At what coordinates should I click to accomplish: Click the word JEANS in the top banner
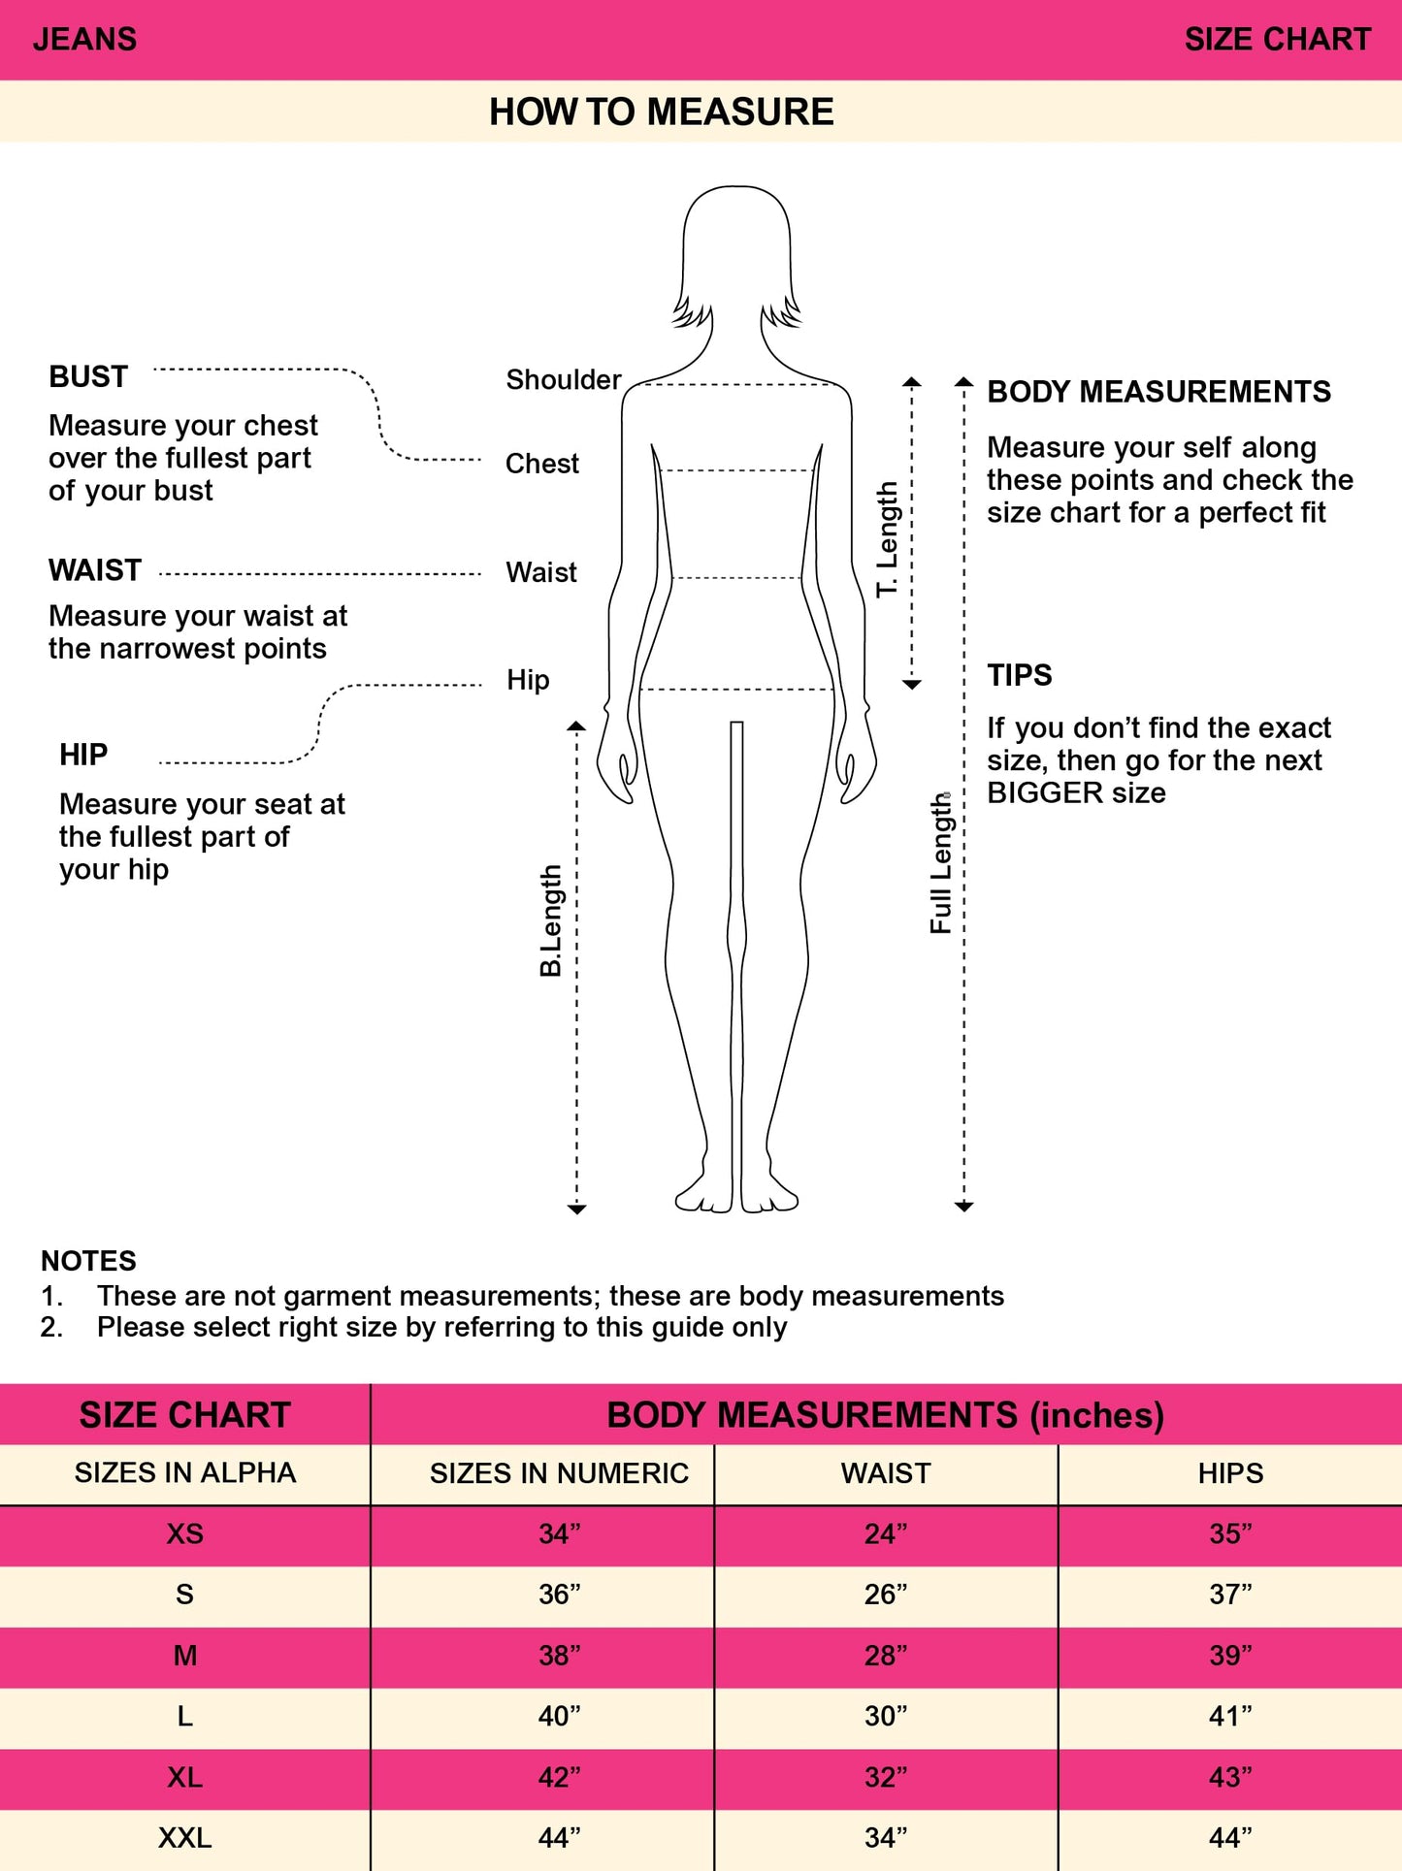click(x=84, y=40)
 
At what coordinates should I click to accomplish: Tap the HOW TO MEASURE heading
click(x=661, y=113)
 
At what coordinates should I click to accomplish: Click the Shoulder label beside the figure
click(x=563, y=380)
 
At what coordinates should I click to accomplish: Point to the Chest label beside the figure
click(x=541, y=465)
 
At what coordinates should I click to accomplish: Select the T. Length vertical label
click(x=888, y=539)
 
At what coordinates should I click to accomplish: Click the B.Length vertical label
click(x=551, y=920)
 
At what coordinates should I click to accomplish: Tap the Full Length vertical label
click(x=941, y=863)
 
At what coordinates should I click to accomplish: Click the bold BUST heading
click(x=88, y=377)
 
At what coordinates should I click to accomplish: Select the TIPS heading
click(x=1019, y=675)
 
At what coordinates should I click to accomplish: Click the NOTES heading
click(x=88, y=1261)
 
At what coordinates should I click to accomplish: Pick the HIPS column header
click(x=1230, y=1474)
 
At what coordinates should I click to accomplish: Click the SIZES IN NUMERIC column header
click(x=559, y=1474)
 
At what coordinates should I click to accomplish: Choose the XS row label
click(x=184, y=1534)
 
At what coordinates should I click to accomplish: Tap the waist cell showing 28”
click(x=885, y=1656)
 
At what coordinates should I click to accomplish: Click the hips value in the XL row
click(x=1230, y=1778)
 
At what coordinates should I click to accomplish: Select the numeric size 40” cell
click(x=559, y=1717)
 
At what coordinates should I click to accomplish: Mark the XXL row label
click(x=184, y=1838)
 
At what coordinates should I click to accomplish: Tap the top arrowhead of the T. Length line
click(x=912, y=382)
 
